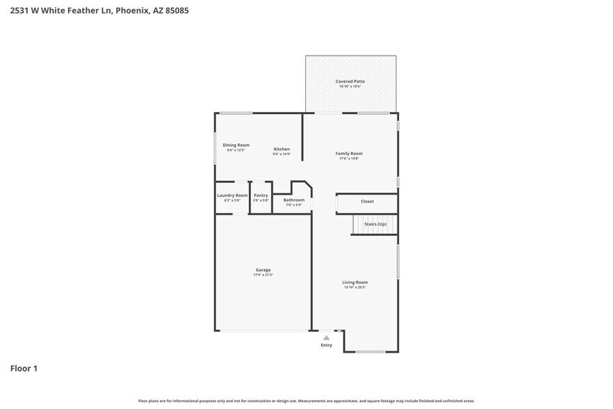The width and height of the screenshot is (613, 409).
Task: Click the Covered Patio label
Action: click(350, 81)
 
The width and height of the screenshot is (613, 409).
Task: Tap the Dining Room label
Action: click(236, 145)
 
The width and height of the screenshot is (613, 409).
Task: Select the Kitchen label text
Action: click(281, 149)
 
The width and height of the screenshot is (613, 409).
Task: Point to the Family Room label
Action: click(349, 153)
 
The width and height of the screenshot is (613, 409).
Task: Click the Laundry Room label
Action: click(232, 195)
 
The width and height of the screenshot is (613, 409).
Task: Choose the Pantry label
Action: click(261, 195)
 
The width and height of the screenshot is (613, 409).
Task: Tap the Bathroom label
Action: click(293, 200)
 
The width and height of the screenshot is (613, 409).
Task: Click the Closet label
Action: click(367, 202)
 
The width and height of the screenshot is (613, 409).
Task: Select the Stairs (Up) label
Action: click(375, 224)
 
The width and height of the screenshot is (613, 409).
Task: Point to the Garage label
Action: click(263, 270)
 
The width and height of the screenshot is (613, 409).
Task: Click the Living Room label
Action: click(354, 282)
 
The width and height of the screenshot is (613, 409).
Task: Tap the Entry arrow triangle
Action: click(326, 337)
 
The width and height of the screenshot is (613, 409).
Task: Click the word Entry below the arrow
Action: click(326, 345)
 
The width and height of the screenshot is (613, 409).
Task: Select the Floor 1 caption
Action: click(24, 369)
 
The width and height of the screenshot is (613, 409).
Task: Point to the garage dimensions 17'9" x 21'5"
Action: click(263, 275)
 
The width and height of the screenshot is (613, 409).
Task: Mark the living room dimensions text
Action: click(354, 287)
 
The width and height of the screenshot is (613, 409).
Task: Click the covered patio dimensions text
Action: click(350, 86)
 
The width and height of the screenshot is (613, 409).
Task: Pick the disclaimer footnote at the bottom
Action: click(306, 401)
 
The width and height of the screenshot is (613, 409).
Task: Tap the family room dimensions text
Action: click(349, 159)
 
